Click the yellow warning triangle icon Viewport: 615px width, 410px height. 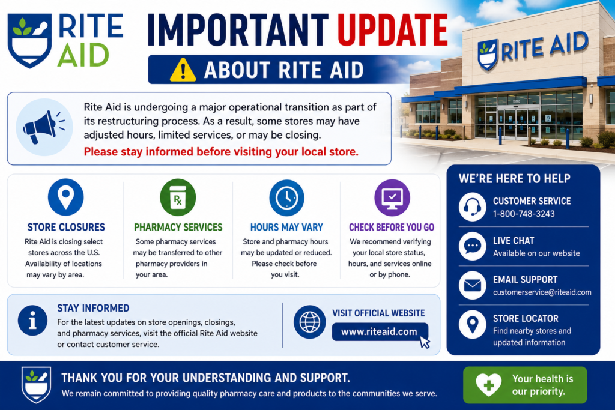[183, 70]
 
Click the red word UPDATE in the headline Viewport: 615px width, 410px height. [393, 30]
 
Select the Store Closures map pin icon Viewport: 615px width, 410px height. [66, 197]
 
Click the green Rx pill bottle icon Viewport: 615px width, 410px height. [178, 197]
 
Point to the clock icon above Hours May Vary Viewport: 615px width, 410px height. [286, 197]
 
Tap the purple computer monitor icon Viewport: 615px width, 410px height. [392, 197]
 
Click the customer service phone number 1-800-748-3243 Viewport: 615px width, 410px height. [524, 214]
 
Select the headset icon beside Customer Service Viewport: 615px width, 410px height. [472, 207]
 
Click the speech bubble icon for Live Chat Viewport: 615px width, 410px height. [472, 246]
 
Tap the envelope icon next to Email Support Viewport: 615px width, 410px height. [472, 285]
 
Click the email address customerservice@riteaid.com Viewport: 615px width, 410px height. [542, 292]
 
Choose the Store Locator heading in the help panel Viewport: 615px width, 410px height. [526, 318]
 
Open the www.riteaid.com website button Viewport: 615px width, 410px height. [380, 331]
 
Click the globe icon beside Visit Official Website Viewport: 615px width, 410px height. [309, 322]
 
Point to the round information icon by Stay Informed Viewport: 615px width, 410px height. [32, 320]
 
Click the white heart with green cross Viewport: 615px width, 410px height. [488, 385]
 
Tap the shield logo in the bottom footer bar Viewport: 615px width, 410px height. [36, 385]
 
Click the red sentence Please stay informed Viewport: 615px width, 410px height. [221, 152]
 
